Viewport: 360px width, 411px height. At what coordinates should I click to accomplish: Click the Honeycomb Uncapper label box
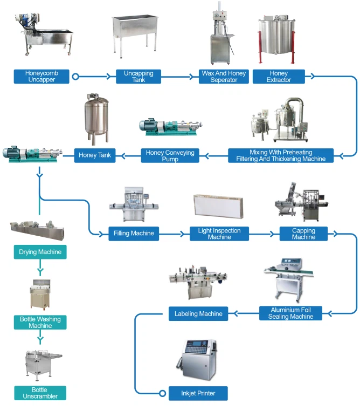41,77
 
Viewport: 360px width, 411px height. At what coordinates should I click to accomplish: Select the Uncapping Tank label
138,77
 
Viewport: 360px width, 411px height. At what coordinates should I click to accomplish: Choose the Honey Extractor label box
279,77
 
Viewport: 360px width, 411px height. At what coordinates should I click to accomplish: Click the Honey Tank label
95,155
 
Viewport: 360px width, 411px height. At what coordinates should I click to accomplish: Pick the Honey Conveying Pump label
170,155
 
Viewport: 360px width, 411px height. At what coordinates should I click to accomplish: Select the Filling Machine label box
134,234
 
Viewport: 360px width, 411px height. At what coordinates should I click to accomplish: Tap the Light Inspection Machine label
219,234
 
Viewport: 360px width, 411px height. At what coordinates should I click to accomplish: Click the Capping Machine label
303,234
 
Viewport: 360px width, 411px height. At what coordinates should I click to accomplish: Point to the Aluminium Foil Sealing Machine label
290,313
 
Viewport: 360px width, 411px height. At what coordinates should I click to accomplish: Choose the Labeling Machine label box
198,313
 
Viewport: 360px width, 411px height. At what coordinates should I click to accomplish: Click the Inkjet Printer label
198,393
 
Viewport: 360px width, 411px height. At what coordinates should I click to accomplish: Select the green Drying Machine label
40,252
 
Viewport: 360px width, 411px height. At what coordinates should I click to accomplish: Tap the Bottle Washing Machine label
40,323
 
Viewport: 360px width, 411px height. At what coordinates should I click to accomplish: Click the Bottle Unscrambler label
40,393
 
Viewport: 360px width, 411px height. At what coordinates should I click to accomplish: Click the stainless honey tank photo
95,119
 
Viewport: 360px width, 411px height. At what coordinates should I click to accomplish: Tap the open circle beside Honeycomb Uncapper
75,77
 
